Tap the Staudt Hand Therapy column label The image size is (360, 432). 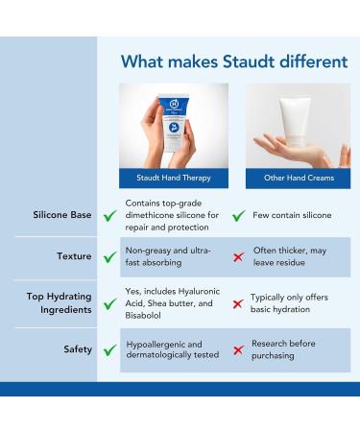(174, 179)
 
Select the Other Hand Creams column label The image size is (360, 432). (297, 179)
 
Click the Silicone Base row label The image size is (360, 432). (63, 215)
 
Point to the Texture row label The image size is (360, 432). (74, 257)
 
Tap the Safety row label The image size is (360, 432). (78, 348)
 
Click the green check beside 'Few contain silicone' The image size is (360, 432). (238, 216)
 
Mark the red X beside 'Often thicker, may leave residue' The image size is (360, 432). (238, 258)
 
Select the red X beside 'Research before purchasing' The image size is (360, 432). (238, 349)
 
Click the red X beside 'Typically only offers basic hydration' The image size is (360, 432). (238, 303)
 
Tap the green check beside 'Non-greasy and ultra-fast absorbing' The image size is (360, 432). (111, 258)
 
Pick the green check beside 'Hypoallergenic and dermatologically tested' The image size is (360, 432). (111, 349)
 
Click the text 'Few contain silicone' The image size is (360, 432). (292, 215)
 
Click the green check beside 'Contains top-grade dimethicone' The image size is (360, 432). (111, 216)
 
